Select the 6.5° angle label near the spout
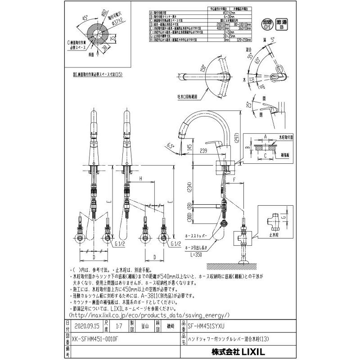170,145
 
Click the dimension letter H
141,179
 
